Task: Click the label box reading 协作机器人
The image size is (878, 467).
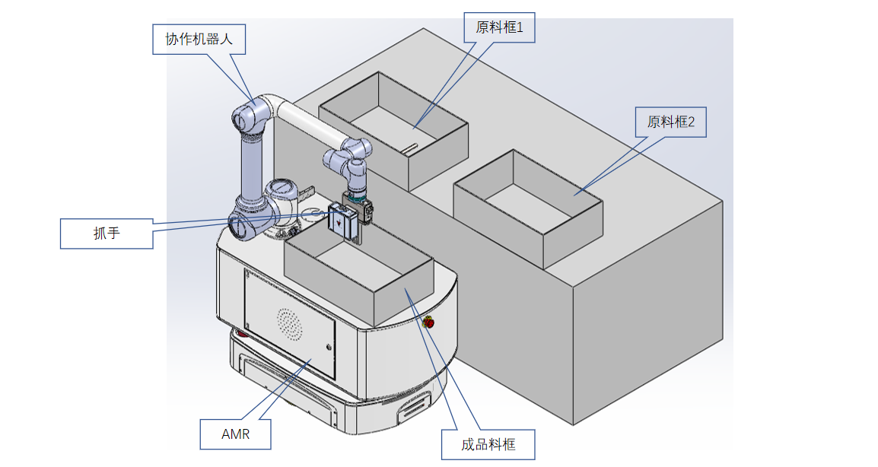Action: tap(199, 39)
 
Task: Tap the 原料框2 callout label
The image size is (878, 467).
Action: tap(670, 122)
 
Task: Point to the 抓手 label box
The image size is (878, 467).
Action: tap(107, 233)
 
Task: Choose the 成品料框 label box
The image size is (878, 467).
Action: tap(488, 444)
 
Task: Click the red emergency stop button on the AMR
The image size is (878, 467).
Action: tap(428, 322)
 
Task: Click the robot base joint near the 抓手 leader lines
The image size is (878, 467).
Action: tap(241, 224)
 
